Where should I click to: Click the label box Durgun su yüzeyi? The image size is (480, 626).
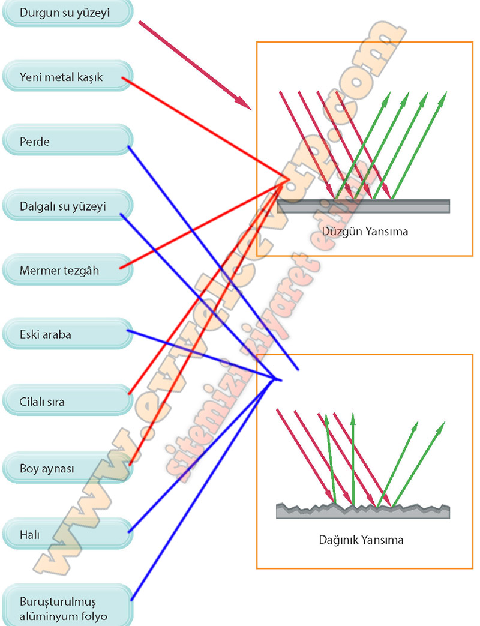pyautogui.click(x=66, y=13)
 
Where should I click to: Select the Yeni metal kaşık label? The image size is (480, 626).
pyautogui.click(x=66, y=78)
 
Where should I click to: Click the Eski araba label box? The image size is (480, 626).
pyautogui.click(x=66, y=335)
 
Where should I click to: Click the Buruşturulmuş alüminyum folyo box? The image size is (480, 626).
pyautogui.click(x=66, y=607)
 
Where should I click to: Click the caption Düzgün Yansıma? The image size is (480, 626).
pyautogui.click(x=365, y=231)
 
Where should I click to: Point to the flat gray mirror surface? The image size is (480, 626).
pyautogui.click(x=364, y=206)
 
